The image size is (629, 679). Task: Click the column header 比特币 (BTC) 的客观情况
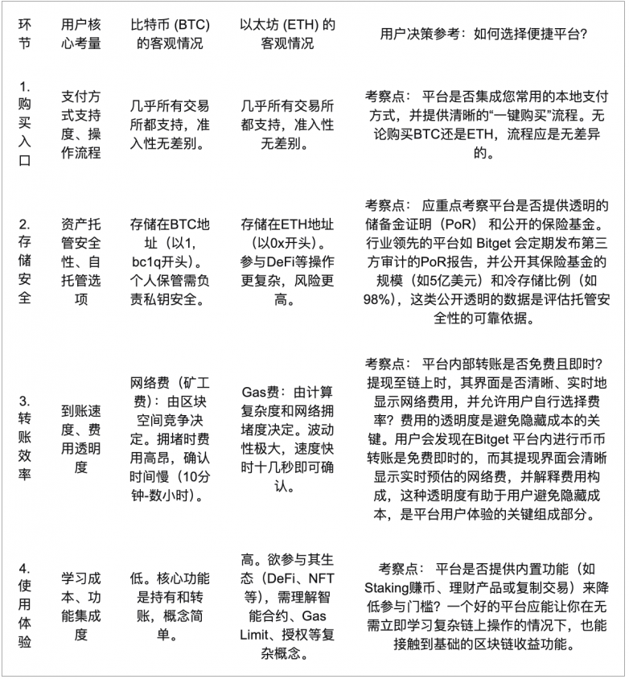click(170, 35)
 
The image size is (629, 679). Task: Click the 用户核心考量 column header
click(80, 35)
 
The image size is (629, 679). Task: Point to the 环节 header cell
click(25, 35)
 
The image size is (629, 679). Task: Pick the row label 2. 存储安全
click(25, 261)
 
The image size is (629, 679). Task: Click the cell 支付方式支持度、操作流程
click(80, 124)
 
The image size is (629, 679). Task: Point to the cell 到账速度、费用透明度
click(80, 434)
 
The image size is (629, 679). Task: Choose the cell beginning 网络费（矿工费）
click(170, 434)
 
